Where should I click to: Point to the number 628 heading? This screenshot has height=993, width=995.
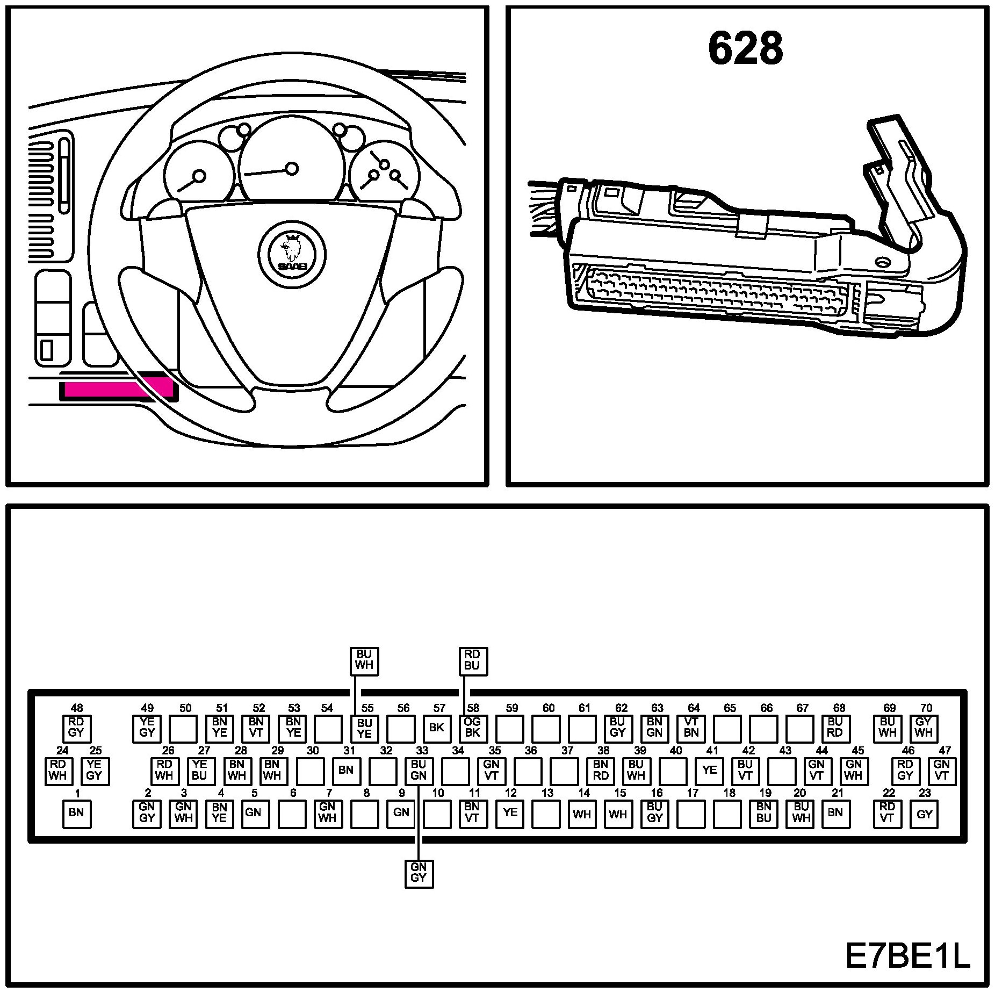745,49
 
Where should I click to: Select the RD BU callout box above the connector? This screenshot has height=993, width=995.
472,660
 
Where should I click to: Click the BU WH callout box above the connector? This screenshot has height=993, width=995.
364,660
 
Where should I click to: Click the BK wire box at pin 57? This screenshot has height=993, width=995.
436,728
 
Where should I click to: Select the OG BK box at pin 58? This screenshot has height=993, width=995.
472,728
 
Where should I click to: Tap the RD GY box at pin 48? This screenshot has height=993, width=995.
76,728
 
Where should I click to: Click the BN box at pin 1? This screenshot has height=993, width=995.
76,813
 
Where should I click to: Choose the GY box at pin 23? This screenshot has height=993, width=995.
924,814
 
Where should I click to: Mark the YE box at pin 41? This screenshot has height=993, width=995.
709,771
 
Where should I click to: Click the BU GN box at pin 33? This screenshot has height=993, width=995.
418,771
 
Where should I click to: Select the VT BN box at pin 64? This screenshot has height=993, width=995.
691,728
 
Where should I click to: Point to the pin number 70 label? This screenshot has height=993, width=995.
926,708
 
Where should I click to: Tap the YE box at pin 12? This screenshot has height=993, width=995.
509,813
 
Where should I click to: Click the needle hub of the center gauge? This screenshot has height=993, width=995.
292,169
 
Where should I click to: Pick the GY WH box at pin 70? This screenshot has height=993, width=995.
924,728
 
